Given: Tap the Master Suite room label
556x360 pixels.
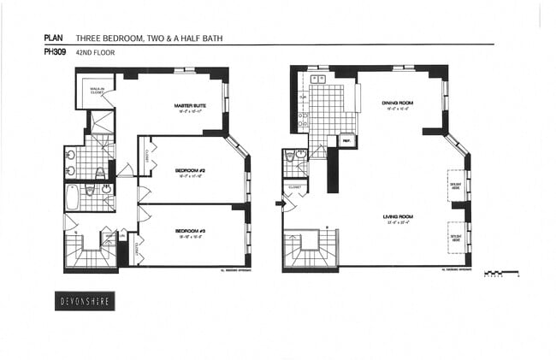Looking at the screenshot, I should pos(187,106).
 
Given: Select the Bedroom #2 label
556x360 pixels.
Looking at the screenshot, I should pos(189,170).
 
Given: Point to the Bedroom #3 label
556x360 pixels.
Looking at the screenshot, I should pos(189,231).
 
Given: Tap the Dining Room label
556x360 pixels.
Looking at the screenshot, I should pos(398,103).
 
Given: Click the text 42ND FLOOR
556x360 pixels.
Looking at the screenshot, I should pos(95,52).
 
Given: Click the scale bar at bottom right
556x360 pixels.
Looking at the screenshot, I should pos(500,274).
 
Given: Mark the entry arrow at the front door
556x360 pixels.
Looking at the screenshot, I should pos(279,204).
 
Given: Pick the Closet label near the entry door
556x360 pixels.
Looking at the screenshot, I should pos(295,186).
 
